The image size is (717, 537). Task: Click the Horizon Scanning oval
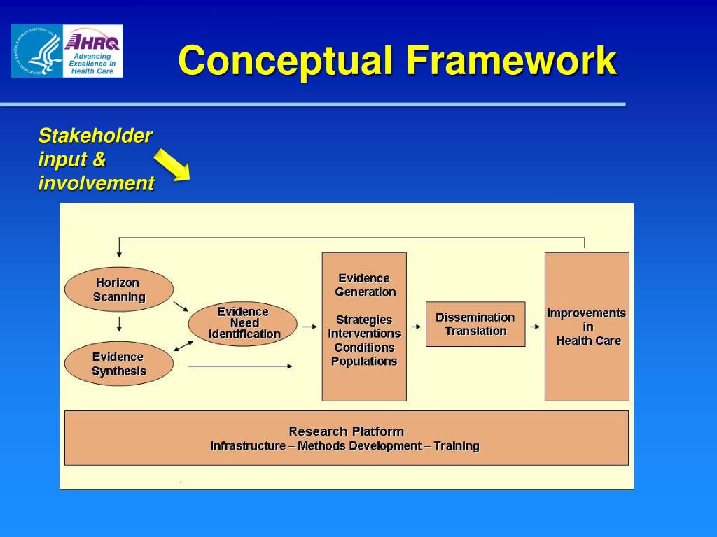[x=119, y=289]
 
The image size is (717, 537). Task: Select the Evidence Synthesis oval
[x=119, y=364]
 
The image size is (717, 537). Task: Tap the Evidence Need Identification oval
[x=243, y=323]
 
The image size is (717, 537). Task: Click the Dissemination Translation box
[x=475, y=324]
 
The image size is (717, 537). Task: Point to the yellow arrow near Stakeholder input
[x=172, y=165]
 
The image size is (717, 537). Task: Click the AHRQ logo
[x=92, y=51]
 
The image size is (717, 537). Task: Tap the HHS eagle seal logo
[x=37, y=51]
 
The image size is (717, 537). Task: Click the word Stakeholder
[x=95, y=136]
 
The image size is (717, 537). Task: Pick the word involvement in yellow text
[x=96, y=184]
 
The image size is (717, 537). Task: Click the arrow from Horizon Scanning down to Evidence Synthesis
[x=120, y=324]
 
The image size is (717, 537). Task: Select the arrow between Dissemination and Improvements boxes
[x=534, y=327]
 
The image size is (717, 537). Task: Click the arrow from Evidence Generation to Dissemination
[x=416, y=327]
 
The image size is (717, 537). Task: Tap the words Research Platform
[x=346, y=431]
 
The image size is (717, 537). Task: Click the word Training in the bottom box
[x=456, y=446]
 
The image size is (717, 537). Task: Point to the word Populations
[x=364, y=361]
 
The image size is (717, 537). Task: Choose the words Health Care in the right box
[x=588, y=341]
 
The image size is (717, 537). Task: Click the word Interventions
[x=364, y=334]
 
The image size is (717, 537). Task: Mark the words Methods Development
[x=357, y=446]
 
